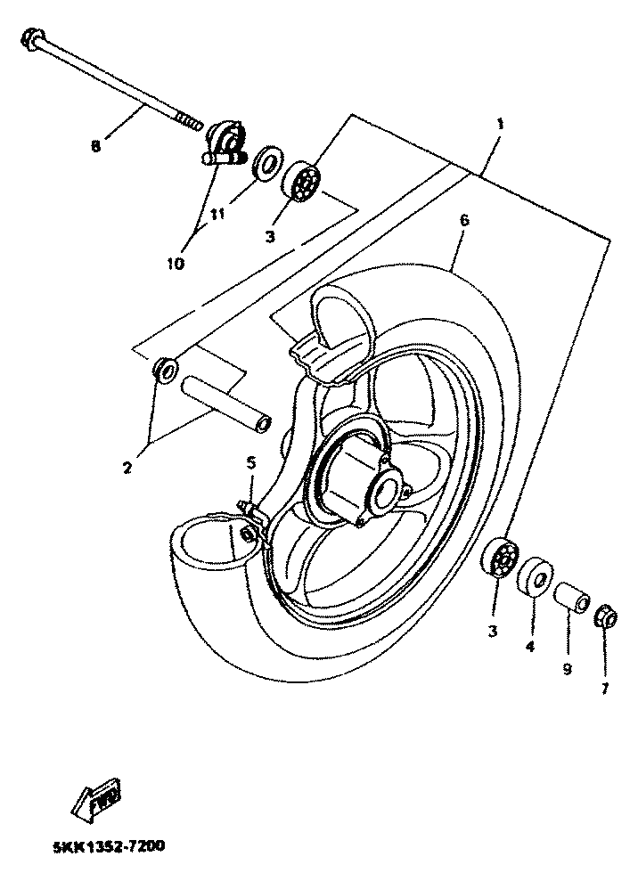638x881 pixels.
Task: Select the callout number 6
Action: coord(464,219)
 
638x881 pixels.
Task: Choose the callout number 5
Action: coord(250,463)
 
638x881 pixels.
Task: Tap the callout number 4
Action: coord(529,647)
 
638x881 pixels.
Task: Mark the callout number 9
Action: coord(567,667)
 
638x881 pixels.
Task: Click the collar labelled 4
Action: coord(534,576)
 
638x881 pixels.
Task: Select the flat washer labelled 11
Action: coord(264,164)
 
